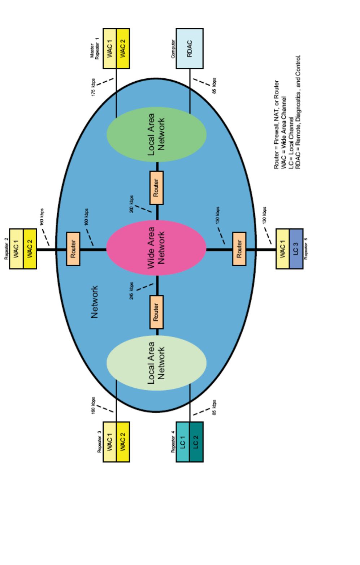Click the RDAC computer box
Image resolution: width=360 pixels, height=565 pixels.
(x=190, y=48)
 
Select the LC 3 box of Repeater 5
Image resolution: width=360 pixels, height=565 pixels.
(x=296, y=249)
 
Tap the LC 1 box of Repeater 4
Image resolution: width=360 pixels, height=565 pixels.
(x=183, y=442)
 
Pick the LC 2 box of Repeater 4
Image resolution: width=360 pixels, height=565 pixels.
(x=196, y=442)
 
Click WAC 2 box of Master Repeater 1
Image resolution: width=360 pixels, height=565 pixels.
(x=123, y=48)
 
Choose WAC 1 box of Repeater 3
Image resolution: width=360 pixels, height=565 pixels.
(x=110, y=442)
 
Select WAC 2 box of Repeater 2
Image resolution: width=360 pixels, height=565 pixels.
(x=30, y=249)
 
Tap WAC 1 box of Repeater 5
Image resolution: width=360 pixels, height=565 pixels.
(x=283, y=249)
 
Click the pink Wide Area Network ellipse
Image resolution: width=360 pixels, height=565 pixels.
(x=156, y=248)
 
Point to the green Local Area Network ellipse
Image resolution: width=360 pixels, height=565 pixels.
(x=156, y=134)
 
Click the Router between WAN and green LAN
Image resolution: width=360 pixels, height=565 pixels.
(x=156, y=188)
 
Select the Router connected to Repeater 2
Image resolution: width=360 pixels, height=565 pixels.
(x=73, y=249)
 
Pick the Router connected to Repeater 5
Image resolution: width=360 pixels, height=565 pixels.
(x=239, y=249)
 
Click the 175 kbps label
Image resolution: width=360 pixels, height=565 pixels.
(x=93, y=87)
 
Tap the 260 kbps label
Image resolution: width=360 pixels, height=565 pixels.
(x=131, y=204)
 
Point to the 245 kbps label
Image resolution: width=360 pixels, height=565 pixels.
(x=131, y=291)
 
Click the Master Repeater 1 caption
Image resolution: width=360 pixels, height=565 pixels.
(x=94, y=49)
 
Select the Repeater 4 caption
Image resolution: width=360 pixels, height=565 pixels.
(x=173, y=441)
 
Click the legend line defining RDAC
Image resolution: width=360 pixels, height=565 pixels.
(x=298, y=112)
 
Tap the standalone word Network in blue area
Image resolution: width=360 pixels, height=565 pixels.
(x=95, y=302)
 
